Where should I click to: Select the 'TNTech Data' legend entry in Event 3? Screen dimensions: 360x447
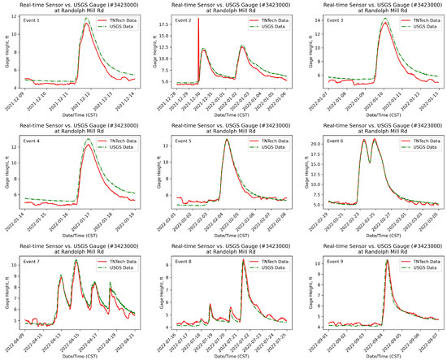pyautogui.click(x=419, y=19)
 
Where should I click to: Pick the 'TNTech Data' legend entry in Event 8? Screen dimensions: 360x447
pyautogui.click(x=270, y=261)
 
